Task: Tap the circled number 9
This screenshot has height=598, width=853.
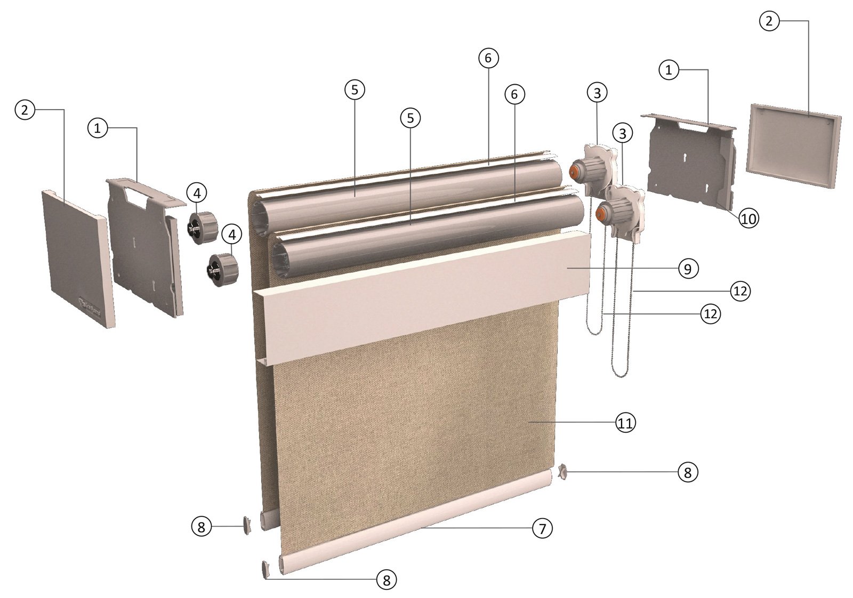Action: coord(688,269)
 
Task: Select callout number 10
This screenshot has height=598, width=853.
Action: coord(749,218)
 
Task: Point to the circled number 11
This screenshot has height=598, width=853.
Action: coord(625,423)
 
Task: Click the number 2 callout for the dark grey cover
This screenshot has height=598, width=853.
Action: coord(25,110)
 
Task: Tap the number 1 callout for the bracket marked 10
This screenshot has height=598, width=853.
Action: coord(669,69)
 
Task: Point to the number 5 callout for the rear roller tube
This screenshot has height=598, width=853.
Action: coord(355,90)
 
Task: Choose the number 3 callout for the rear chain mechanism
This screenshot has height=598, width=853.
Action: coord(597,93)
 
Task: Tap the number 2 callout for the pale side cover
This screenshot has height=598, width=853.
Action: coord(768,21)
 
